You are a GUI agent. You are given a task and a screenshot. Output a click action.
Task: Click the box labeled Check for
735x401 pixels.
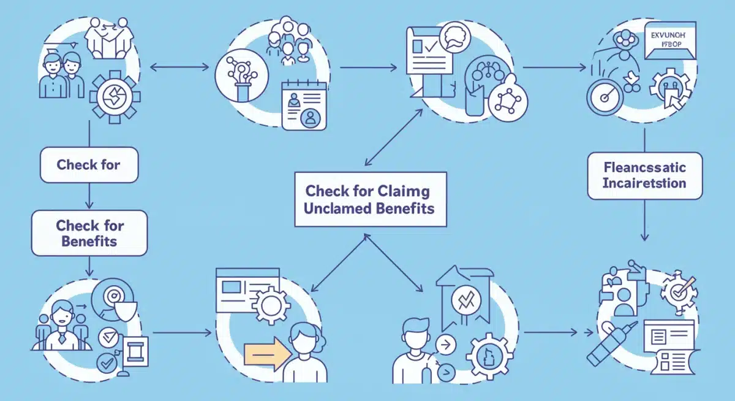point(89,165)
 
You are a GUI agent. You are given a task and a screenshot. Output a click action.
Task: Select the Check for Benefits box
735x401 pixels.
point(89,233)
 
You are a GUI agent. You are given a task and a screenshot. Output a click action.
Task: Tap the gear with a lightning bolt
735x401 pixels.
point(115,97)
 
